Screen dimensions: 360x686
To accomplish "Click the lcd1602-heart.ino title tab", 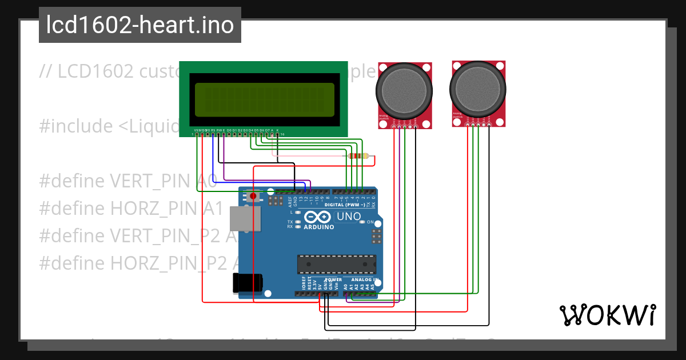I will coord(140,25).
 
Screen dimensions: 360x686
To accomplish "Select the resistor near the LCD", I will coord(358,156).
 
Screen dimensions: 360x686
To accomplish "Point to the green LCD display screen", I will coord(264,100).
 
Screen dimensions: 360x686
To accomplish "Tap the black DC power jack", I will coord(247,283).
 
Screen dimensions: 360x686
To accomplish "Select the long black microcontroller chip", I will coord(337,265).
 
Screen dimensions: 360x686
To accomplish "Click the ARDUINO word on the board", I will coord(318,227).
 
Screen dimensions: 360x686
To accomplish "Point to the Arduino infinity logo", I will coord(318,217).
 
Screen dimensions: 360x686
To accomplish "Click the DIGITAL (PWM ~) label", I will coord(345,205).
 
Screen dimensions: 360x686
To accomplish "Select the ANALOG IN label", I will coord(364,280).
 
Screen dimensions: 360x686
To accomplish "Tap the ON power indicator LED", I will coord(370,222).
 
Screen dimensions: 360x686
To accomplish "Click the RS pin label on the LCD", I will coord(213,130).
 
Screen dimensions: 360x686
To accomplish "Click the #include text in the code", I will coord(75,126).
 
